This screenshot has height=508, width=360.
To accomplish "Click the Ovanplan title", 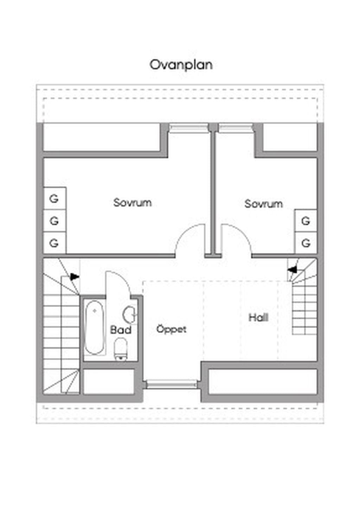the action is [x=181, y=65].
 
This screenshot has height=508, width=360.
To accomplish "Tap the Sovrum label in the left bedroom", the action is [x=133, y=202].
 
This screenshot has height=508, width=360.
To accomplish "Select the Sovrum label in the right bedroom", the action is [x=264, y=204].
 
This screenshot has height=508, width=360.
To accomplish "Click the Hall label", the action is [x=258, y=318].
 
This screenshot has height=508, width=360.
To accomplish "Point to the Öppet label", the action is [x=172, y=329].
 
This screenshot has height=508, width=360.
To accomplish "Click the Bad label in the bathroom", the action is [x=121, y=330].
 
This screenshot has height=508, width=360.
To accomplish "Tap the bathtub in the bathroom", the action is [x=95, y=327].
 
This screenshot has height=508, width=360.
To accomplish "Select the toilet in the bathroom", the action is [x=121, y=350].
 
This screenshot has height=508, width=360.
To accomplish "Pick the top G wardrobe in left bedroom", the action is [x=55, y=198].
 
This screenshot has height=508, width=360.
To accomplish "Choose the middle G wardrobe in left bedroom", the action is [x=55, y=221].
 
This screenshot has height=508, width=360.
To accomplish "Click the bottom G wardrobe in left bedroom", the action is [x=55, y=243].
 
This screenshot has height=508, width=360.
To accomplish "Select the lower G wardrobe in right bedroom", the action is [x=306, y=243].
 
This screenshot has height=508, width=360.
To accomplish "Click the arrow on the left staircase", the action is [x=75, y=277].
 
